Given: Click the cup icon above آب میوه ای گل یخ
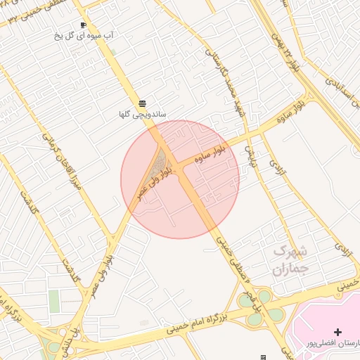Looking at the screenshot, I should click(83, 25).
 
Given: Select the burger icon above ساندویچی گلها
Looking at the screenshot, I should click(143, 103).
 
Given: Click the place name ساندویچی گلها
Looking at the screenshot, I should click(143, 113).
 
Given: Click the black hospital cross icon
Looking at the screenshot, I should click(337, 332).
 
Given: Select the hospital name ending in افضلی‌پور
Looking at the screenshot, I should click(333, 343).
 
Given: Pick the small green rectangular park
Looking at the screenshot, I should click(54, 301).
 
